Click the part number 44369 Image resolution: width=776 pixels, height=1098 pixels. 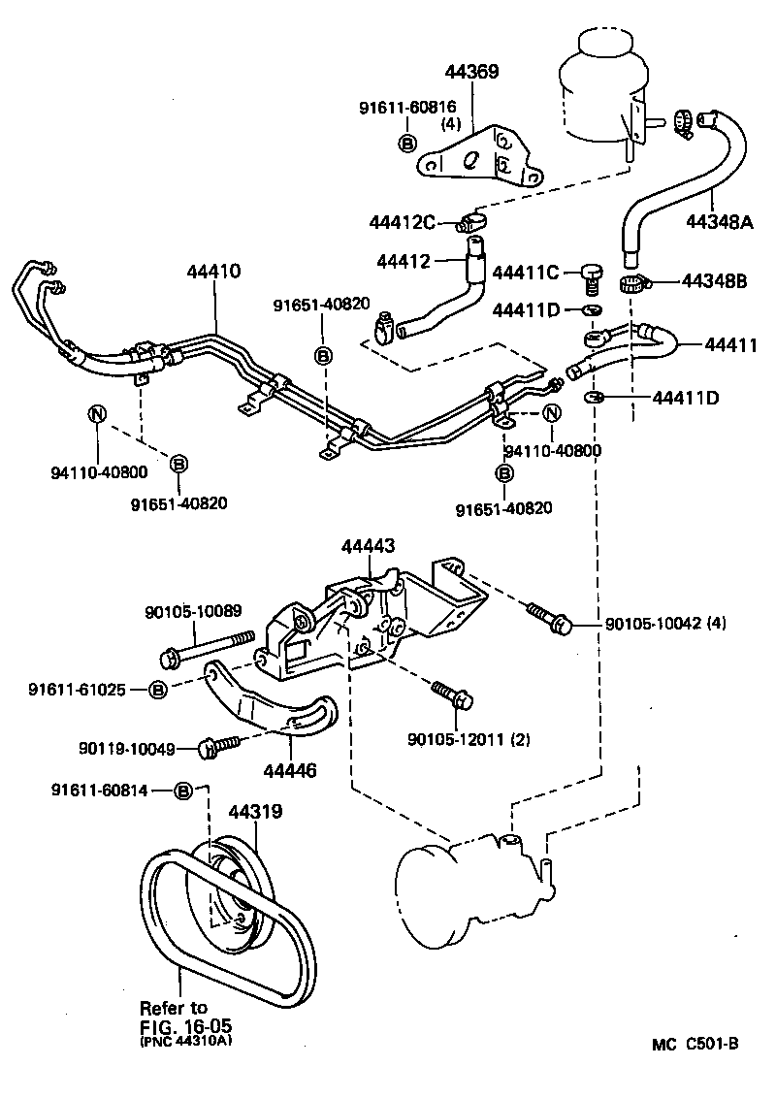tap(471, 73)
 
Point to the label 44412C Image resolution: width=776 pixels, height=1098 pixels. tap(402, 223)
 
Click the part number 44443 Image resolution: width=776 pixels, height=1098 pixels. tap(368, 547)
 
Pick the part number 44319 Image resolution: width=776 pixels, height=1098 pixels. tap(255, 811)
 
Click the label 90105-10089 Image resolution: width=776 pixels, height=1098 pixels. tap(193, 611)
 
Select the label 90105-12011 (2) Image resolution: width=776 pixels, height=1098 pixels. tap(469, 741)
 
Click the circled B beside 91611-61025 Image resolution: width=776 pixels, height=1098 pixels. tap(158, 690)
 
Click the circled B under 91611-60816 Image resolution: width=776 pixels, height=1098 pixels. tap(406, 143)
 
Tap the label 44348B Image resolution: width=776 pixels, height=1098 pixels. tap(713, 282)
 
